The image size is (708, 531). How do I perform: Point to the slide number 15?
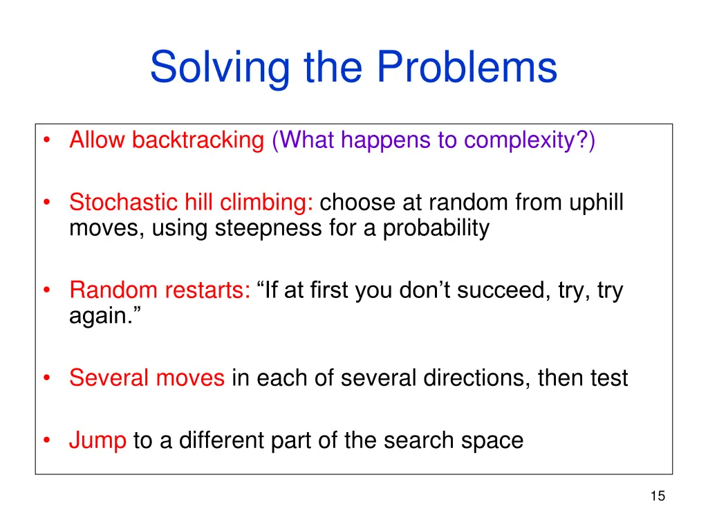[x=657, y=495]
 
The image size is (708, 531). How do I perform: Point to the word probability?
[x=436, y=227]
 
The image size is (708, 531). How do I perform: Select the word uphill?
[x=597, y=203]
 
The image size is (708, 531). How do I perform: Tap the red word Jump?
[x=97, y=440]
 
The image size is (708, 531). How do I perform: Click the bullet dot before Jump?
[x=46, y=440]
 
